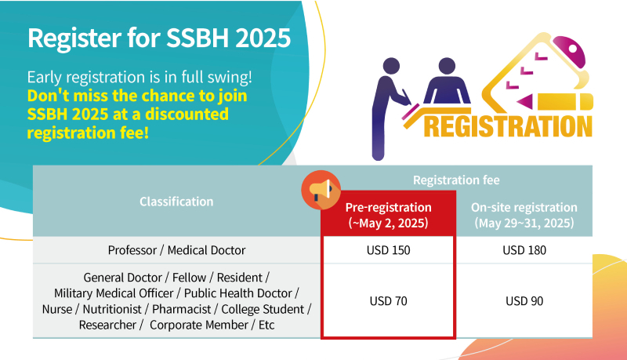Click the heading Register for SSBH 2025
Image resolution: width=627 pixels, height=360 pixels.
159,38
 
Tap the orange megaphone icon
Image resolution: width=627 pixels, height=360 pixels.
321,190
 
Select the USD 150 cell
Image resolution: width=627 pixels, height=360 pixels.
388,250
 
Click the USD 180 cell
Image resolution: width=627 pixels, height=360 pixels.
524,250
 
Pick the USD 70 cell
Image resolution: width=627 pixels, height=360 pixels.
388,301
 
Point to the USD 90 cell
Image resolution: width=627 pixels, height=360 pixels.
524,301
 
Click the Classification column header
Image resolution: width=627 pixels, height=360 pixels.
176,202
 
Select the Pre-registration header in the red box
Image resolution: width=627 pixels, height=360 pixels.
388,207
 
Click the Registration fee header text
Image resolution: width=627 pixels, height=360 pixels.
456,180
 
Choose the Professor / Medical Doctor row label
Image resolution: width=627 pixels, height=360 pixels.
176,250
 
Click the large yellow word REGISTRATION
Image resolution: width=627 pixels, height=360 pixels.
508,126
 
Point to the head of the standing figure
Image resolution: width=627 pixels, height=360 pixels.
391,66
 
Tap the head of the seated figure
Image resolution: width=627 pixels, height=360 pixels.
447,66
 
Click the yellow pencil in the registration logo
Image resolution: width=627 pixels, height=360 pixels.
556,102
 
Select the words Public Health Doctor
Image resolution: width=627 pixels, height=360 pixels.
238,293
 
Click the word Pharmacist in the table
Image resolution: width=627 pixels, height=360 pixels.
182,309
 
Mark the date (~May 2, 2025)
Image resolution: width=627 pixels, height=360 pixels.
388,223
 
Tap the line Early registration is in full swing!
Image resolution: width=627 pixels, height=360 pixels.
140,77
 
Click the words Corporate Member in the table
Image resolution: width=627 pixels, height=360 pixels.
199,325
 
